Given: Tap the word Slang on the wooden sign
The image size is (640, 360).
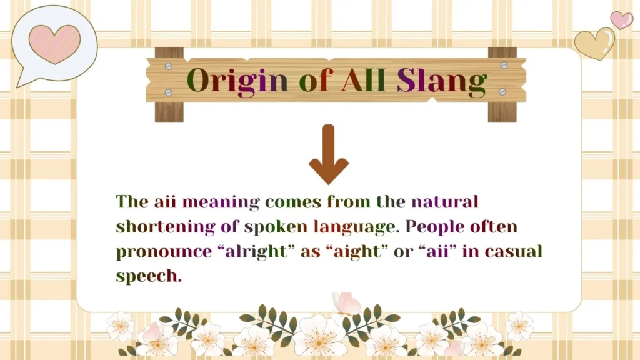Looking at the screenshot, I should tap(442, 81).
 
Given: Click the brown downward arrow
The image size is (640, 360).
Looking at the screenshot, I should tap(328, 154).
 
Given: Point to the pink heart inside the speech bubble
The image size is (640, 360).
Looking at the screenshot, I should tap(54, 44).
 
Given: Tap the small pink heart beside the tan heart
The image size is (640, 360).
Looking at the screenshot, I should tap(621, 19).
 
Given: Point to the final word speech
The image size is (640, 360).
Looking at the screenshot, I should tap(149, 276).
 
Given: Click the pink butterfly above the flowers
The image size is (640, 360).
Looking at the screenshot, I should tap(346, 304).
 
